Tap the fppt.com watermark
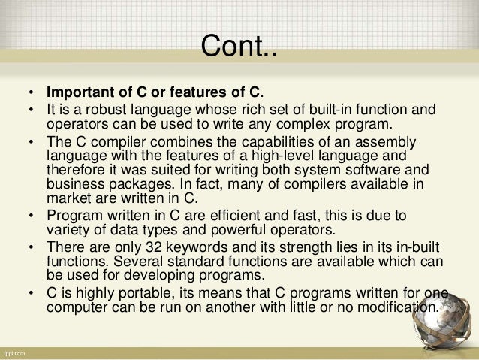click(17, 352)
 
